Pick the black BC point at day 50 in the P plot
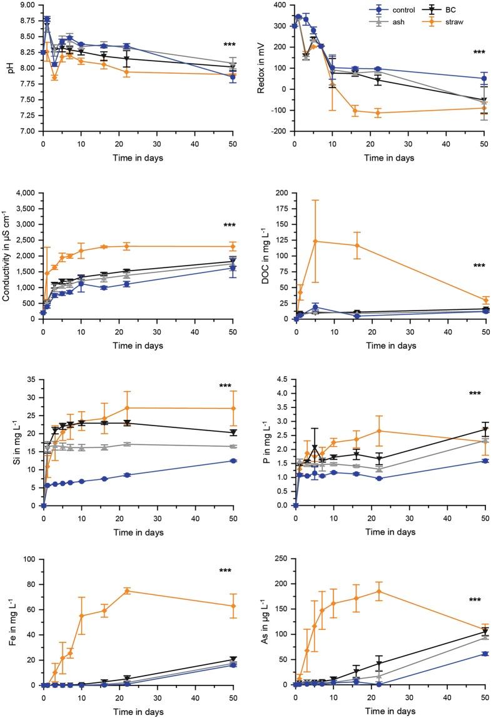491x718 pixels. pos(485,429)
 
